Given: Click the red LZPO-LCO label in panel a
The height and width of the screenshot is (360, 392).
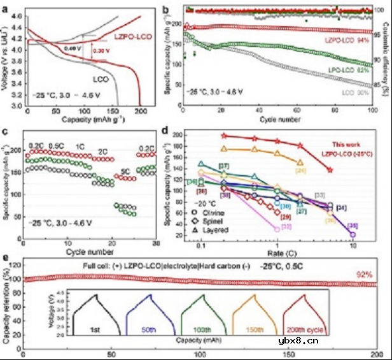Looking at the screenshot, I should (x=136, y=38).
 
